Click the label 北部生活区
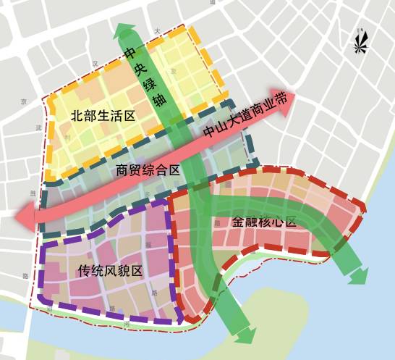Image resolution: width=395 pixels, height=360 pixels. point(103,117)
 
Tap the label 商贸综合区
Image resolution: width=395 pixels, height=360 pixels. point(148,171)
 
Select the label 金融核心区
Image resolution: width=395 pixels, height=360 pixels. point(265,222)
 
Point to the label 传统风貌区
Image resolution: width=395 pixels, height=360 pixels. point(110,272)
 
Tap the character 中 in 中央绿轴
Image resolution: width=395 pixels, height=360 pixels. point(130,54)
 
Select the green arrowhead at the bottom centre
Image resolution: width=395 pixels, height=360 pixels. point(245,334)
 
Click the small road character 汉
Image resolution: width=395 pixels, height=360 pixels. point(95,64)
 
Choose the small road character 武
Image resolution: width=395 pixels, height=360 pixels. point(30,127)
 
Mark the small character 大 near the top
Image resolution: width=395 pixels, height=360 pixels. point(157,30)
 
